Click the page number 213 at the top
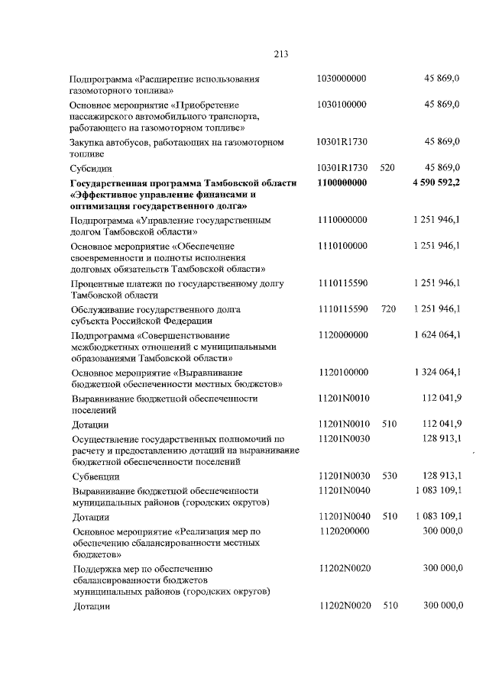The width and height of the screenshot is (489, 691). coord(280,53)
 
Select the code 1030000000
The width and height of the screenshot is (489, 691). coord(342,79)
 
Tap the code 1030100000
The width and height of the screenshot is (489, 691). coord(342,104)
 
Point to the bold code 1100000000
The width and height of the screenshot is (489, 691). coord(342,183)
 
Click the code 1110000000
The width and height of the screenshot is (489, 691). coord(342,220)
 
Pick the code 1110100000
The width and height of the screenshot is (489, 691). coord(342,246)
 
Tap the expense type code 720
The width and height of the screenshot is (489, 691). coord(387,308)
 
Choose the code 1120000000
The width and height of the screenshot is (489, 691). coord(342,334)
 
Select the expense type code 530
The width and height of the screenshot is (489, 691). coord(390,475)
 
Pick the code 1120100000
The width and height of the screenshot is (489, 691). coord(342,372)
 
